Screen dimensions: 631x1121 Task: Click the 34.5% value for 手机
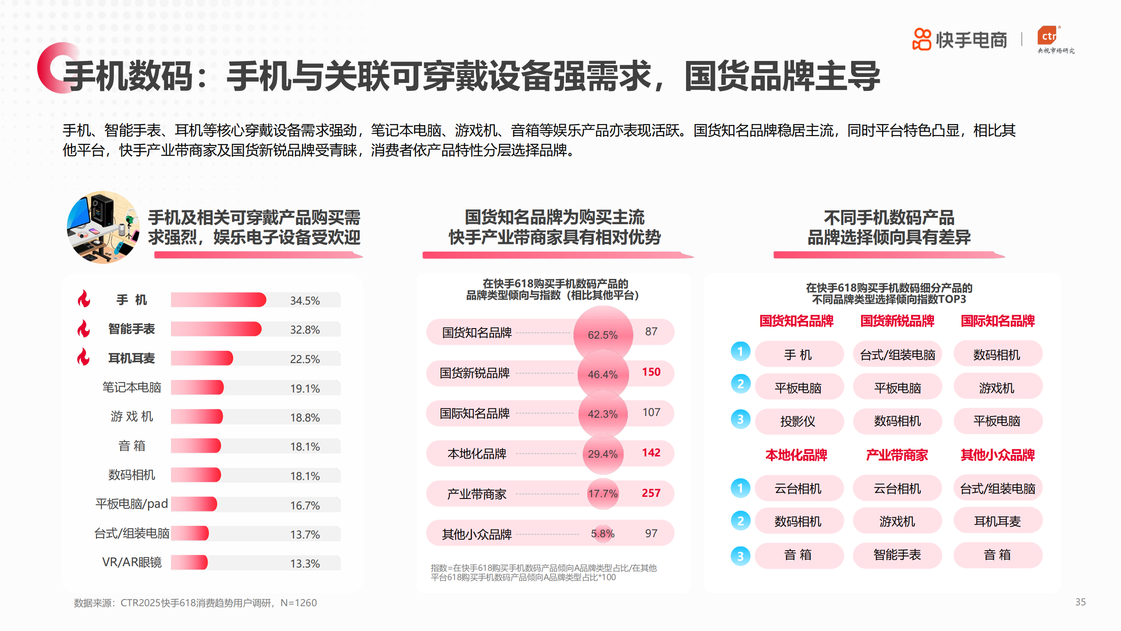(x=305, y=300)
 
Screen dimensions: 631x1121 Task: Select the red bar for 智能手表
(x=216, y=329)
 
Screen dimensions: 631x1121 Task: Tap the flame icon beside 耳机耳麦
(x=83, y=357)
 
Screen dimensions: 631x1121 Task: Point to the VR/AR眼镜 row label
(x=132, y=562)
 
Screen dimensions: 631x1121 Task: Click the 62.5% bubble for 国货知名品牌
(x=603, y=334)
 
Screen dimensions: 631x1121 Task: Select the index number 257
(x=651, y=493)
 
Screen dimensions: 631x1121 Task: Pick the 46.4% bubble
(x=603, y=374)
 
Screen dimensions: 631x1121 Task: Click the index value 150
(x=651, y=372)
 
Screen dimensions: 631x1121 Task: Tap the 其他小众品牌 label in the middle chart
(x=477, y=534)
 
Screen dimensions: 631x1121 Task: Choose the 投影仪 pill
(x=798, y=421)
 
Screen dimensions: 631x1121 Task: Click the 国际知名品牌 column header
(x=997, y=321)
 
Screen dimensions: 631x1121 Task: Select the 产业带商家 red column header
(x=897, y=455)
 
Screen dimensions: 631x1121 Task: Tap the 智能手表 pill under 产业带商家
(x=897, y=555)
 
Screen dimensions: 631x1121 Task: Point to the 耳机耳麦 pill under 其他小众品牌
(x=997, y=521)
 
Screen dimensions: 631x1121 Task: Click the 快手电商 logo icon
(x=922, y=40)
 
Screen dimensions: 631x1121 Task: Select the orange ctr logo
(x=1049, y=36)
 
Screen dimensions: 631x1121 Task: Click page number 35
(x=1080, y=602)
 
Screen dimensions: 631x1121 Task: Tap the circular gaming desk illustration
(x=103, y=227)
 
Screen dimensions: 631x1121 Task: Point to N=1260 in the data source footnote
(x=298, y=603)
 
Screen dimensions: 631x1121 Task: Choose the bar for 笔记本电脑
(x=197, y=387)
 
